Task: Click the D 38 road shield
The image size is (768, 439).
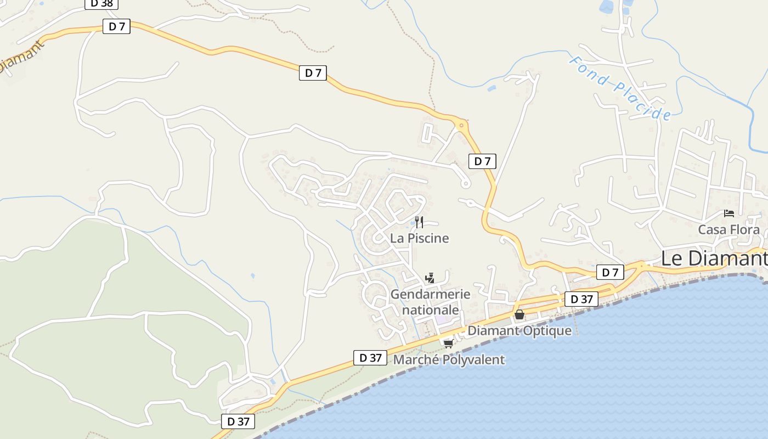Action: [101, 3]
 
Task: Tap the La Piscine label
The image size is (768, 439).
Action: [420, 238]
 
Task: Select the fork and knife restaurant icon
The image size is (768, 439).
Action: [419, 222]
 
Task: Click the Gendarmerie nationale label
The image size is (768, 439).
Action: [430, 301]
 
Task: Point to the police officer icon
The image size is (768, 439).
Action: [430, 278]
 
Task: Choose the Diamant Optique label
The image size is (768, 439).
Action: [519, 331]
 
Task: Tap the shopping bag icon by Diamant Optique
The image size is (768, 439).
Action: [519, 314]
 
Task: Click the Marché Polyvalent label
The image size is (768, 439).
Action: [449, 360]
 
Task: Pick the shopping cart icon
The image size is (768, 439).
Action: [448, 344]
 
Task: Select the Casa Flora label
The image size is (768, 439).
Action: [729, 230]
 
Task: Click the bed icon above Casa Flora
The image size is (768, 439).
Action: [729, 213]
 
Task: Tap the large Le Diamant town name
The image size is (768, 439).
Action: [713, 258]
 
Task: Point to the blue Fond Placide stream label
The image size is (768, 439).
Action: [619, 88]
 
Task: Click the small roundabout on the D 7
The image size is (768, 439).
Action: [461, 126]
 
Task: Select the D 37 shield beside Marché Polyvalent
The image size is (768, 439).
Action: [370, 358]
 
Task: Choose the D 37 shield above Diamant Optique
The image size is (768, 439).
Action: [581, 299]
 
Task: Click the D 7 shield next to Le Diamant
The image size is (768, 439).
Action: [610, 272]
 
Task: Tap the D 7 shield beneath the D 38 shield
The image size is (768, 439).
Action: [116, 26]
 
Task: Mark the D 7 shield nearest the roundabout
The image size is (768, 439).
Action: [482, 161]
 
